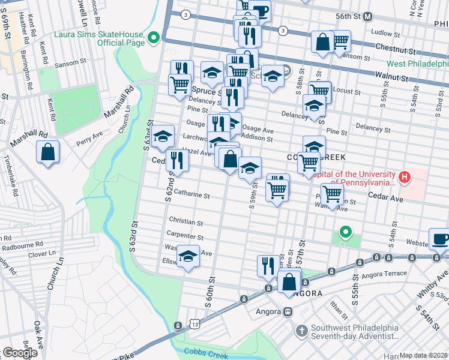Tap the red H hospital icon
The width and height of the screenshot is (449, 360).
(x=405, y=177)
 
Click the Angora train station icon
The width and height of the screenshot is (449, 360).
(x=288, y=311)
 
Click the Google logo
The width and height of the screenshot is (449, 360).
(x=20, y=353)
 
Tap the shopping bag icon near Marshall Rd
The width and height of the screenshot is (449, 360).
(x=48, y=152)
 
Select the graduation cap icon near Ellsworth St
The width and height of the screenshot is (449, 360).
(x=188, y=257)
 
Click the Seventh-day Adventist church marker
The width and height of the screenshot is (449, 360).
(x=301, y=330)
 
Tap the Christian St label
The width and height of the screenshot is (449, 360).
(x=186, y=221)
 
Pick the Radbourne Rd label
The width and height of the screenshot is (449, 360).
(x=22, y=244)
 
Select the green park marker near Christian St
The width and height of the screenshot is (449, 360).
(x=345, y=232)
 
